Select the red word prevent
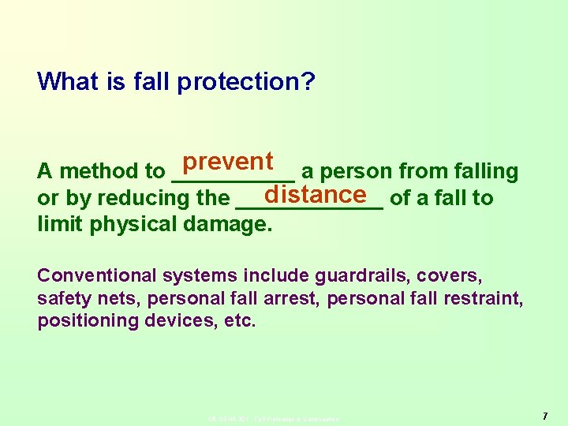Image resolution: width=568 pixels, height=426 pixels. pyautogui.click(x=227, y=162)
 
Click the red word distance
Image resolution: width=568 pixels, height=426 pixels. pyautogui.click(x=316, y=194)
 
